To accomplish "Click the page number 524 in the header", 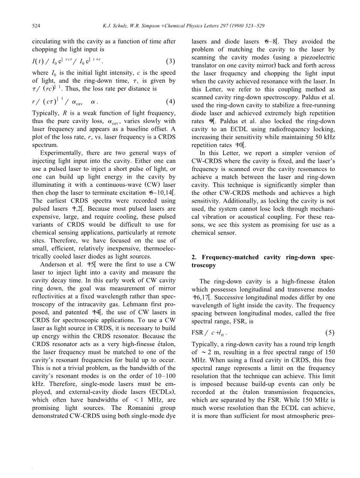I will pos(36,26).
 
